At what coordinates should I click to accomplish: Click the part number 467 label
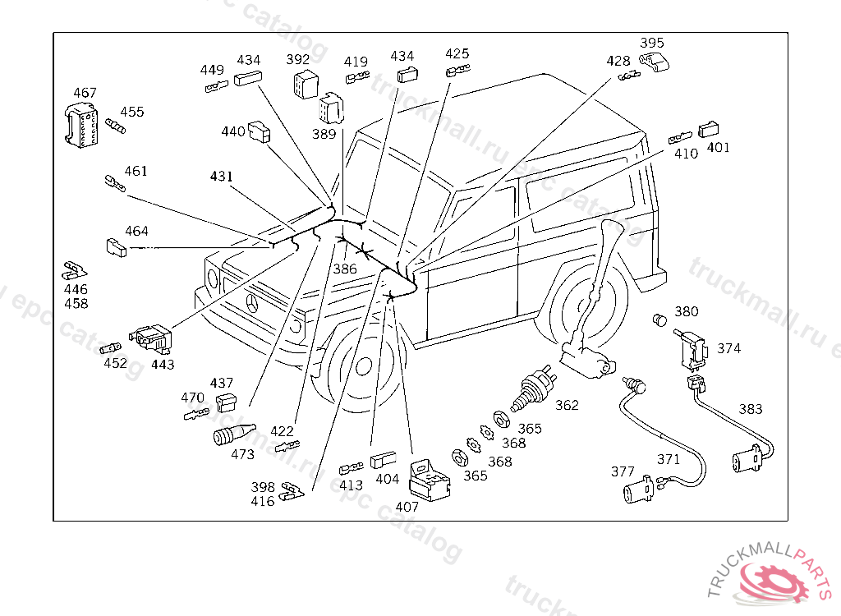[x=85, y=93]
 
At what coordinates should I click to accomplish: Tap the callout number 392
[x=298, y=60]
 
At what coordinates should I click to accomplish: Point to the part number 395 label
[x=652, y=43]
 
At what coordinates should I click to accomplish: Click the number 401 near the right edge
[x=718, y=148]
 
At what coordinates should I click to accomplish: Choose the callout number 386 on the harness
[x=345, y=269]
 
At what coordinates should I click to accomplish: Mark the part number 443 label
[x=163, y=364]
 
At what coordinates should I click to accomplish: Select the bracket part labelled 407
[x=431, y=480]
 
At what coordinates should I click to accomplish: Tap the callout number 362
[x=567, y=405]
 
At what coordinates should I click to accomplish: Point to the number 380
[x=687, y=312]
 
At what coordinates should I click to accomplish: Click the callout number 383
[x=750, y=409]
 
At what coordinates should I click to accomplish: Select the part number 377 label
[x=623, y=471]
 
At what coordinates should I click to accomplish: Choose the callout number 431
[x=221, y=177]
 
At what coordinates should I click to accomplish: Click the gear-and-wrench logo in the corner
[x=774, y=580]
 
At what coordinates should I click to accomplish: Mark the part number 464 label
[x=136, y=231]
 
